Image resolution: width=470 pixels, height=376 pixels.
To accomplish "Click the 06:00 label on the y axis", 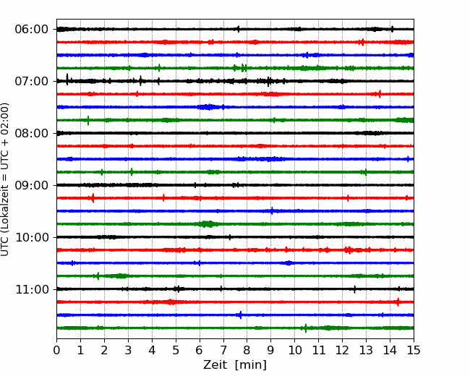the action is tap(32, 30).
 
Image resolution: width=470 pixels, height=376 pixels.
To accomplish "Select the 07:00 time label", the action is tap(32, 81).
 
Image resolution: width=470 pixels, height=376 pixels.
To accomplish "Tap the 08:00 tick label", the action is tap(32, 133).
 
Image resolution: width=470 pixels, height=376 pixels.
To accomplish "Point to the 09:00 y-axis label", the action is tap(32, 185).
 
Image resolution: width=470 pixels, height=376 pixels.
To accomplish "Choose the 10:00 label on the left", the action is tap(32, 237).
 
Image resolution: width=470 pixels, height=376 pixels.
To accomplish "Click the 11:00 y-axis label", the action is tap(32, 289).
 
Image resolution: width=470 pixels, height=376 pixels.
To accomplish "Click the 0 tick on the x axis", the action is tap(56, 350).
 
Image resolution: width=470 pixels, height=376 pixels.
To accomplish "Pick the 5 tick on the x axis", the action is tap(176, 350).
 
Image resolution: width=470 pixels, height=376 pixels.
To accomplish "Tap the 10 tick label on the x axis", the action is tap(294, 350).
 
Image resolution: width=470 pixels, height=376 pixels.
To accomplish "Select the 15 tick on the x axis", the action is tap(414, 350).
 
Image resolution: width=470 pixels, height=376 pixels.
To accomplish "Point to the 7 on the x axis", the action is tap(223, 350).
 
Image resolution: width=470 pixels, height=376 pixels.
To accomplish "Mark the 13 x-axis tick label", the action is tap(366, 350).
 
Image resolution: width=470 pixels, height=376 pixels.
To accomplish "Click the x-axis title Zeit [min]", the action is tap(235, 364).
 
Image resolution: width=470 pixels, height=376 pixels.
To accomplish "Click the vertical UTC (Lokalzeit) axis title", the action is tap(5, 179).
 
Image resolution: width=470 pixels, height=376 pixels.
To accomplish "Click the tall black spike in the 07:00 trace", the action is tap(67, 80).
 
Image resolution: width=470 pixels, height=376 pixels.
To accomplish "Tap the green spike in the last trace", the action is tap(306, 328).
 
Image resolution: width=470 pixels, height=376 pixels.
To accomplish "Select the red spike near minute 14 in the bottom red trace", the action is tap(398, 302).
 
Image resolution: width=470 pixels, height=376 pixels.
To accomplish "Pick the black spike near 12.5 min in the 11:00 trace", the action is tap(355, 289).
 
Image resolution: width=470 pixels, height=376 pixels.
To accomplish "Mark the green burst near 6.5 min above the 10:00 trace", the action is tap(206, 224).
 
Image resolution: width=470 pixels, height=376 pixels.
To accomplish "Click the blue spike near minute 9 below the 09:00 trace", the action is tap(272, 210).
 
